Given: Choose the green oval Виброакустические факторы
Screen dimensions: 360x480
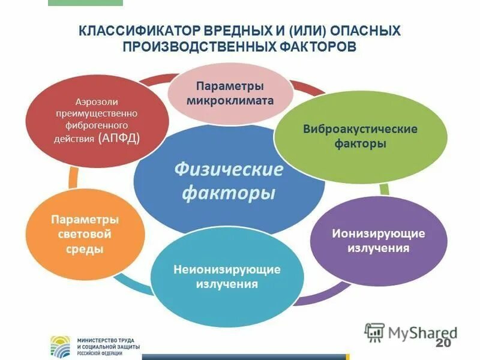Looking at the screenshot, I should (x=360, y=137).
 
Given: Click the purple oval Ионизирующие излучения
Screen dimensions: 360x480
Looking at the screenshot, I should (x=378, y=240).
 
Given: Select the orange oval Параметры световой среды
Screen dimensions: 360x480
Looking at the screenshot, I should (x=84, y=234).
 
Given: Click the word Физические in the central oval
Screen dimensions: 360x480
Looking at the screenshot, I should (x=229, y=170).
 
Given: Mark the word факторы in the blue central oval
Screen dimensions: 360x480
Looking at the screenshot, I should (x=229, y=193).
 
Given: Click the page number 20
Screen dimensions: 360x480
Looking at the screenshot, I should (x=443, y=343).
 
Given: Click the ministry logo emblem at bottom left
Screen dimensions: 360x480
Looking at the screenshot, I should (x=61, y=345).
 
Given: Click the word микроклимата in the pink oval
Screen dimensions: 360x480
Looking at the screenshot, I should (x=230, y=101).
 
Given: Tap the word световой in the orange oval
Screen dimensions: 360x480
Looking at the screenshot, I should (x=84, y=234).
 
